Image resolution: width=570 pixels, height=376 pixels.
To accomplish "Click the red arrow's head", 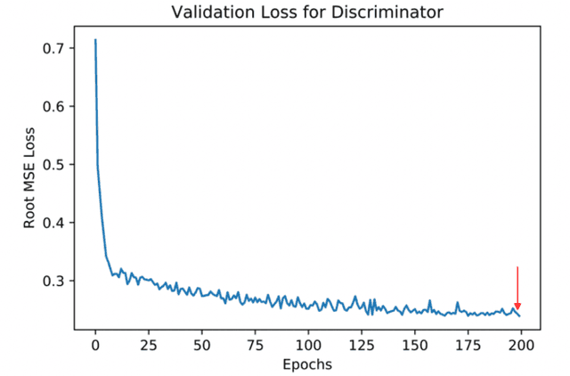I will click(x=517, y=307).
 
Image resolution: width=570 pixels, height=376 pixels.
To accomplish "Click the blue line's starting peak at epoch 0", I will click(x=95, y=40).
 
